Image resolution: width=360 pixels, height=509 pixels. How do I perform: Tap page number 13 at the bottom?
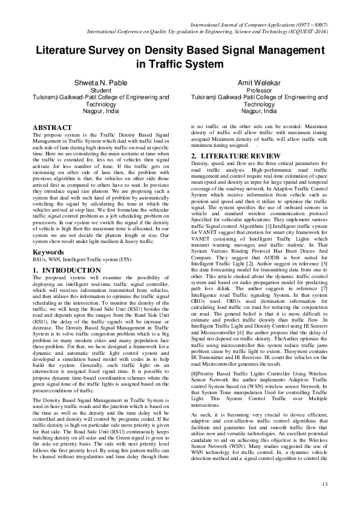pyautogui.click(x=325, y=483)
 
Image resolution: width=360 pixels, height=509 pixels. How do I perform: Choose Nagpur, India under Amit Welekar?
pyautogui.click(x=259, y=111)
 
